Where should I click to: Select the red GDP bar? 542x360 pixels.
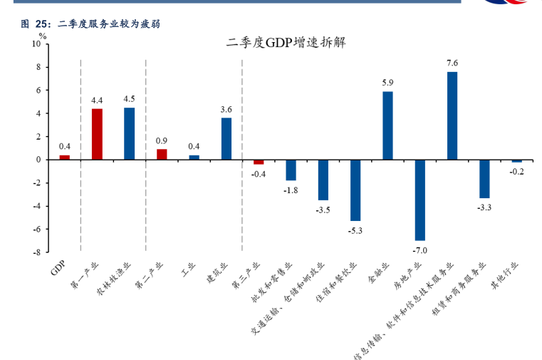coord(64,158)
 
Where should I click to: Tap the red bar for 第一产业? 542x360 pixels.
coord(97,134)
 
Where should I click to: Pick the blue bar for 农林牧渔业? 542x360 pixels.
coord(129,133)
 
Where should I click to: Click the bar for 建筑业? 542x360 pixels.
coord(226,139)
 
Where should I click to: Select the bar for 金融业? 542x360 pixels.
coord(387,125)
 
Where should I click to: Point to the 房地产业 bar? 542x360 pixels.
coord(419,200)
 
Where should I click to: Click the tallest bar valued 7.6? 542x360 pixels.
coord(452,115)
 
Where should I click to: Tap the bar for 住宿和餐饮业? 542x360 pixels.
coord(355,190)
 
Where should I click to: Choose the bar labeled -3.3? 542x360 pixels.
coord(484,178)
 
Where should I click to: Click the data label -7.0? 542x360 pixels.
coord(419,250)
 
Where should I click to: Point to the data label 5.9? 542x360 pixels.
coord(387,83)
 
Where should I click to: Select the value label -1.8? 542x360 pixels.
coord(291,190)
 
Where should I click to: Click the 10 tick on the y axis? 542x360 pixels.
coord(36,44)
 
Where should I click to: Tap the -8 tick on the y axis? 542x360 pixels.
coord(36,252)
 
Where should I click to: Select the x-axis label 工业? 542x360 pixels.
coord(189,268)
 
